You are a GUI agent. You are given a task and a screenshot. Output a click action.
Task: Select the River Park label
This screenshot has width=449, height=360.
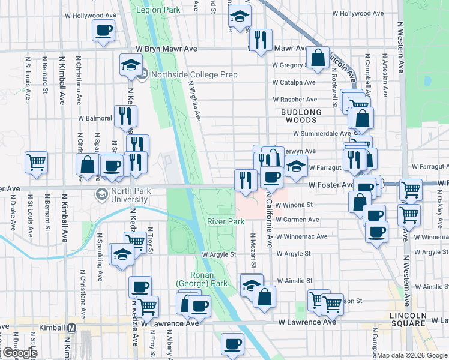[226, 221]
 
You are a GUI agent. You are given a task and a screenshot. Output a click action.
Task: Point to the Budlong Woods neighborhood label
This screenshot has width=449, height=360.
[301, 116]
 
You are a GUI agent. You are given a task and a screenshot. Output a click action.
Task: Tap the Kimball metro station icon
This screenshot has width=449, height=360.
[72, 328]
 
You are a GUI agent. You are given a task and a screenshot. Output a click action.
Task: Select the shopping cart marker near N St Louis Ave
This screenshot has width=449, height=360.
[36, 161]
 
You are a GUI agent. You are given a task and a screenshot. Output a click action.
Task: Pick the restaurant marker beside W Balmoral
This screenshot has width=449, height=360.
[125, 115]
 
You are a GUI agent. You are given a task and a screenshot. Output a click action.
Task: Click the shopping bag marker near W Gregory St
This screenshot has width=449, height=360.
[318, 58]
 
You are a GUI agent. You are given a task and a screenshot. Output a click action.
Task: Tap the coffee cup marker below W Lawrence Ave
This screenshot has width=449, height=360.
[232, 344]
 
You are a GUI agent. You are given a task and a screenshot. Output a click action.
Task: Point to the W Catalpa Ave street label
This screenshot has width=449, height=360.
[294, 83]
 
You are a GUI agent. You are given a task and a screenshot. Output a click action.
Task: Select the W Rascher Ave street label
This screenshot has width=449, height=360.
[295, 100]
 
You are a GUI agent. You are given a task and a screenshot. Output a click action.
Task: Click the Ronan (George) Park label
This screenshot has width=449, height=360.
[193, 279]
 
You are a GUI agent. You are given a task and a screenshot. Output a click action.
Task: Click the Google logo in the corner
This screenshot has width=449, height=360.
[20, 353]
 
